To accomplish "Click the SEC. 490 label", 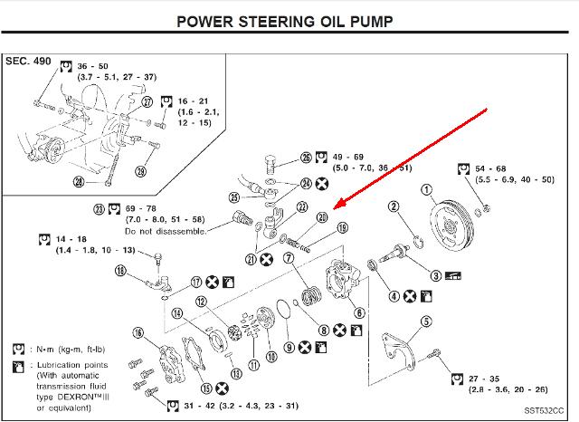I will pos(30,61).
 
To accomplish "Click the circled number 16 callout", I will pos(138,333).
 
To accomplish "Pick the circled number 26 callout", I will pos(307,158).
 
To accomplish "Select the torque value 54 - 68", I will pos(494,169).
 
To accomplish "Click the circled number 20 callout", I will pos(322,216).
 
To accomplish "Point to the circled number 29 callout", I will pos(140,171).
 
